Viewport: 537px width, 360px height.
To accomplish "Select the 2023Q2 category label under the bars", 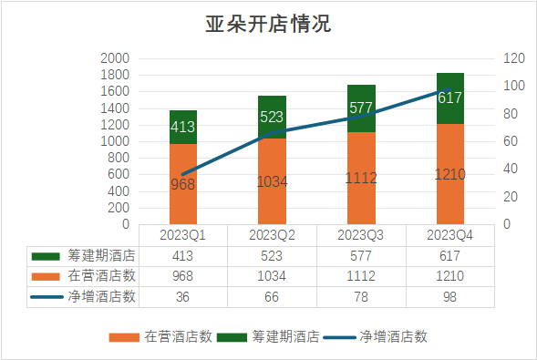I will pos(272,235).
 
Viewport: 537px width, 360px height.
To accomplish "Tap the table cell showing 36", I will pos(182,296).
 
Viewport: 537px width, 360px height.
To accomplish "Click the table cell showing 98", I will pos(450,296).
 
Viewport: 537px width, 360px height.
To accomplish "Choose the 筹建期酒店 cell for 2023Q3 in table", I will pos(361,255).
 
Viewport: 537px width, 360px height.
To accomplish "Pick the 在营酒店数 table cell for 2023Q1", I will pos(182,276).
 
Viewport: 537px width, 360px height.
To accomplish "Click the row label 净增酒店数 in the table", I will pos(102,296).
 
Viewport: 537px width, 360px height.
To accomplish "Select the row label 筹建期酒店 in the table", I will pos(102,255).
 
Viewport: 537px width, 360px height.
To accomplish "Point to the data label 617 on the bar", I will pos(450,98).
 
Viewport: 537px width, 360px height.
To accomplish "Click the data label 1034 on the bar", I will pos(272,181).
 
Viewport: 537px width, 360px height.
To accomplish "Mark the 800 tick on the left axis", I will pos(118,158).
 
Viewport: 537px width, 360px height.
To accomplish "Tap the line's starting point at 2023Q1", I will pos(182,174).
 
